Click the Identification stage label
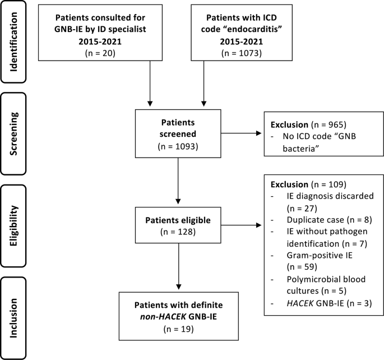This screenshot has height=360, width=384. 13,42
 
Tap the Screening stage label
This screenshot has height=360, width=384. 13,133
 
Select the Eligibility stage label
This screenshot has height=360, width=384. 13,225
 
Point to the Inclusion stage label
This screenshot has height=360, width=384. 13,318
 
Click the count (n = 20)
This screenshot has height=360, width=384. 100,53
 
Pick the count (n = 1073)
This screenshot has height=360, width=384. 242,53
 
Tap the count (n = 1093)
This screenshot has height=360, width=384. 178,146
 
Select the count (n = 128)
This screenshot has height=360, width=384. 178,232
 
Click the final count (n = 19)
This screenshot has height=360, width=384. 178,329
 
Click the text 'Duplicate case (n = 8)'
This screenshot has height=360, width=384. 330,220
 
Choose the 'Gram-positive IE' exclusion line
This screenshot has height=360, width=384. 320,256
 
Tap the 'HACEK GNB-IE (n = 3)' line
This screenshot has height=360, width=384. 330,303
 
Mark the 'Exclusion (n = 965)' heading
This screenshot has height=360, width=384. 308,124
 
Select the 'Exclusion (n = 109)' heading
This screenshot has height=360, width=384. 308,184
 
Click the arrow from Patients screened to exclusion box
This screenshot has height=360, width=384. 241,133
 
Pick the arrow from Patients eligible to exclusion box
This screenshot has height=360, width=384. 241,225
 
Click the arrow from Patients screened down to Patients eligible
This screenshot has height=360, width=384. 178,181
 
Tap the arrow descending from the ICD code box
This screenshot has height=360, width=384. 203,84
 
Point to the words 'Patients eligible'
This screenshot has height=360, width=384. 178,220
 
